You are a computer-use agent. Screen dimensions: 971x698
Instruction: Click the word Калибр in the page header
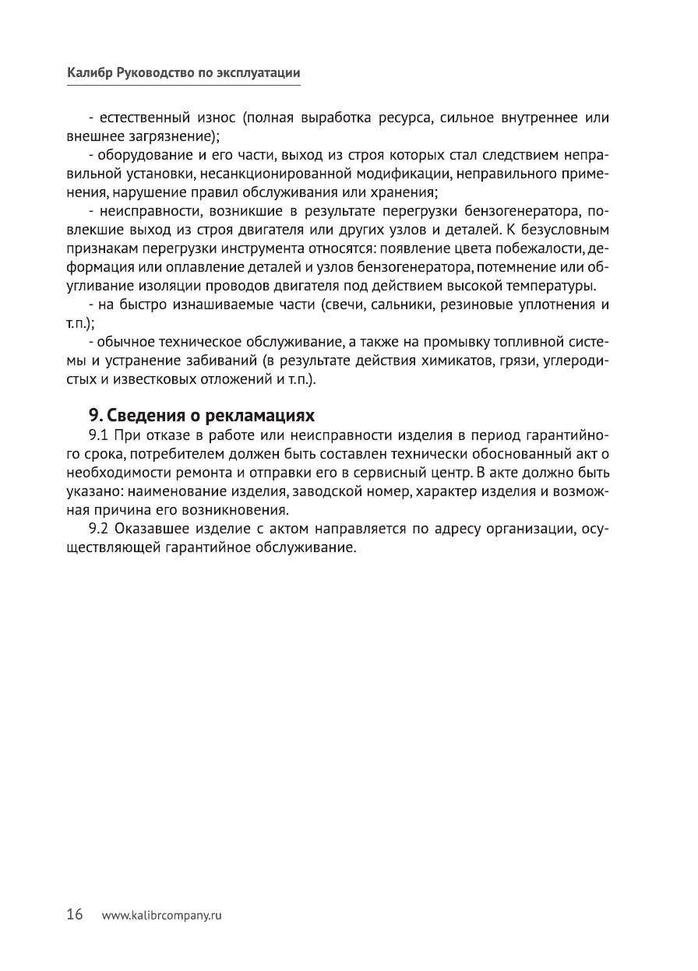coord(89,72)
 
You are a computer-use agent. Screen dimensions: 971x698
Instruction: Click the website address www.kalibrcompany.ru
coord(163,916)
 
